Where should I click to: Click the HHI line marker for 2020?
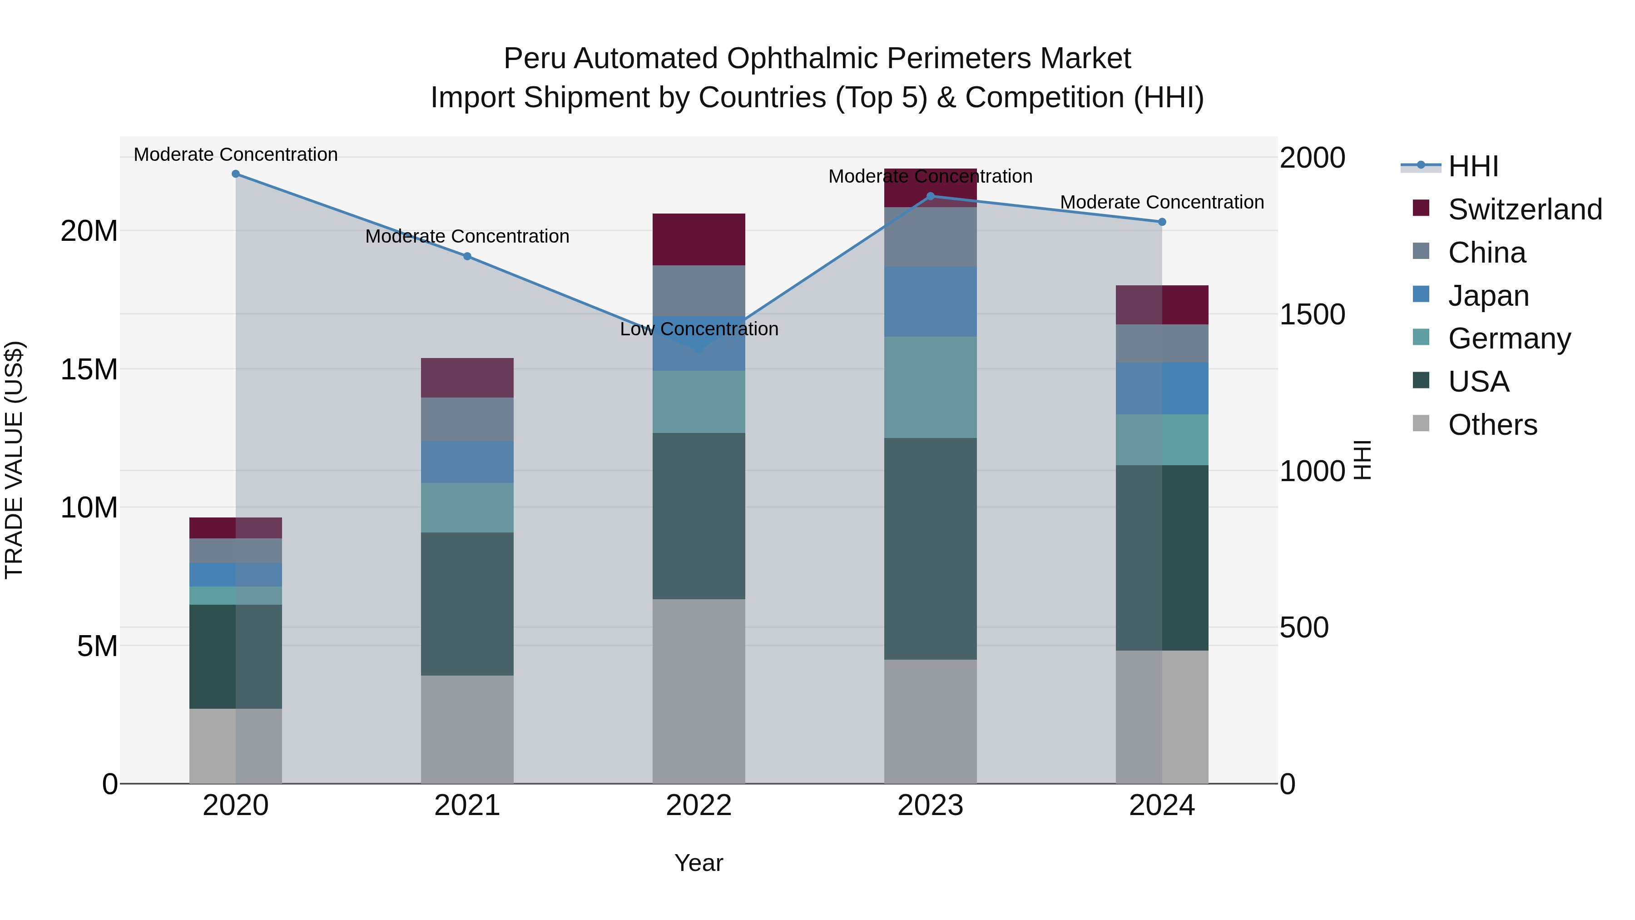click(x=235, y=174)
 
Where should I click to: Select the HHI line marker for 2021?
click(x=467, y=257)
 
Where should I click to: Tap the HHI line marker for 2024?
click(x=1162, y=222)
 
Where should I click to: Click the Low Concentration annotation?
click(x=699, y=329)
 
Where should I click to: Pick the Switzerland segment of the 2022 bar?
click(x=699, y=239)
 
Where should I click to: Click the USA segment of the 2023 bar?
click(x=931, y=548)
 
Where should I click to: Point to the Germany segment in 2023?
click(x=931, y=387)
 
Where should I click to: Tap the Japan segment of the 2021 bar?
click(x=467, y=462)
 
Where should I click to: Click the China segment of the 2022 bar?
click(x=699, y=290)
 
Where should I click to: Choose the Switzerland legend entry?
click(x=1525, y=209)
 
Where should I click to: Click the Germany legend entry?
click(x=1509, y=338)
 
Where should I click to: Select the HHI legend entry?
click(x=1472, y=166)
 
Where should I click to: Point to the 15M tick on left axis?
click(x=89, y=369)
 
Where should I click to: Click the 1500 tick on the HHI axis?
click(x=1312, y=314)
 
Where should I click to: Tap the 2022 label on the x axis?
click(x=699, y=806)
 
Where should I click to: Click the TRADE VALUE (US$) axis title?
click(x=14, y=460)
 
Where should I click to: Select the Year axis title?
click(x=699, y=863)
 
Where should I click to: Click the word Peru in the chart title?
click(x=535, y=59)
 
